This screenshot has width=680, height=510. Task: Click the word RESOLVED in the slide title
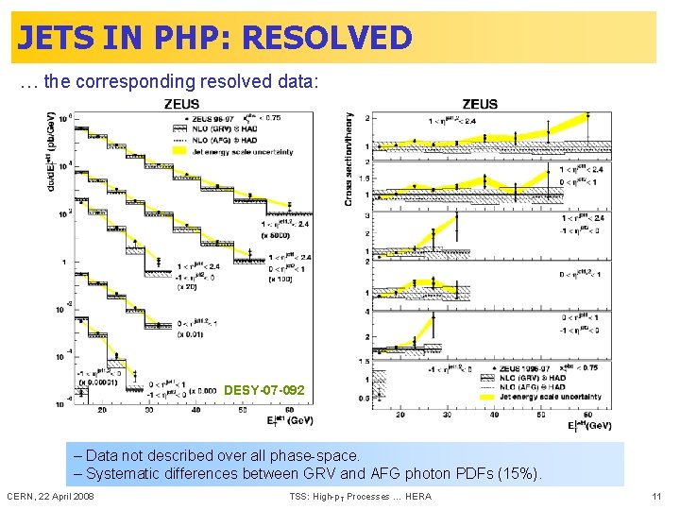click(327, 38)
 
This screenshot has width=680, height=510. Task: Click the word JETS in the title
click(56, 38)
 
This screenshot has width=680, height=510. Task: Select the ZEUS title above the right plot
click(481, 104)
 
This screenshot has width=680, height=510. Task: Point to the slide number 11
click(656, 496)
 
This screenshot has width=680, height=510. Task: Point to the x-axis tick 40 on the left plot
click(195, 411)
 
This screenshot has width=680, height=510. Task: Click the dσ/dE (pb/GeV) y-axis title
click(49, 151)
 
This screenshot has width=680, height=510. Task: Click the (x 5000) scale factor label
click(278, 235)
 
